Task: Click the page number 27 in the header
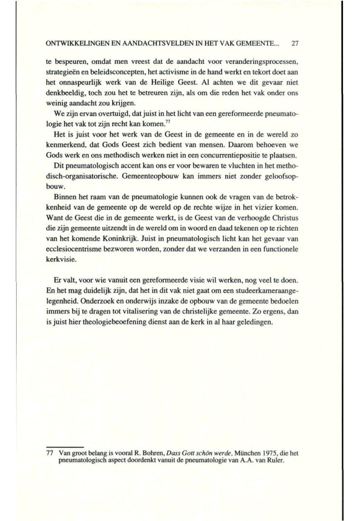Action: [294, 44]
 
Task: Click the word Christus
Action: [284, 217]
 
